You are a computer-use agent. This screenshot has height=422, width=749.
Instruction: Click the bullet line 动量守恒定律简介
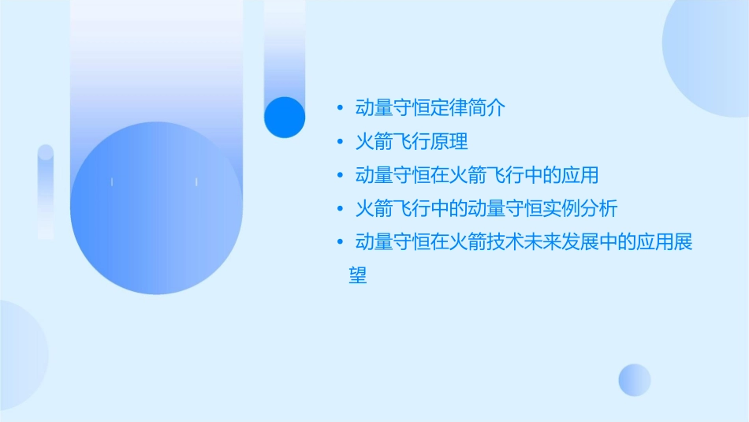point(430,108)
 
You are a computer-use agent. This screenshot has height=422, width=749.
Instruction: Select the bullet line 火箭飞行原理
point(412,142)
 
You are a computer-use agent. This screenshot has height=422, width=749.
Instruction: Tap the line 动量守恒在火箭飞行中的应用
point(477,175)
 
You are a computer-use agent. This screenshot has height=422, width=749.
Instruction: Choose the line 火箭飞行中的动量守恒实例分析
point(486,208)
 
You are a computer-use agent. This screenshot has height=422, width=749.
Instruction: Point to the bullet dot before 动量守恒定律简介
point(339,109)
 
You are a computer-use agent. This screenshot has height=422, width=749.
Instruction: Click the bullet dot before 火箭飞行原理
point(339,143)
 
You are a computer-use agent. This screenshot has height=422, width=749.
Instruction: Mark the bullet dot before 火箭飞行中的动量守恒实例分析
point(339,209)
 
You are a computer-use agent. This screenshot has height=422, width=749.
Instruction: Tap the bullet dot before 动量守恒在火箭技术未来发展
point(339,242)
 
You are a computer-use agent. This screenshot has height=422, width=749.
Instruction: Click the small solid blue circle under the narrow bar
point(285,117)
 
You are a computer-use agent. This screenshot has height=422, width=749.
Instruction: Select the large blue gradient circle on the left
point(156,207)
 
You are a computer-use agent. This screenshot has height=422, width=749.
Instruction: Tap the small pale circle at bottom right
point(635,379)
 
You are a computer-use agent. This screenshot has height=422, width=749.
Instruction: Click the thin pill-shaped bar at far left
point(46,192)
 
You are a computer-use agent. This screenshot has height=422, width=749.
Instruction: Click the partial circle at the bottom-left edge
point(20,355)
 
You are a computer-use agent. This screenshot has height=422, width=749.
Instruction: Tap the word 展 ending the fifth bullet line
point(683,242)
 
